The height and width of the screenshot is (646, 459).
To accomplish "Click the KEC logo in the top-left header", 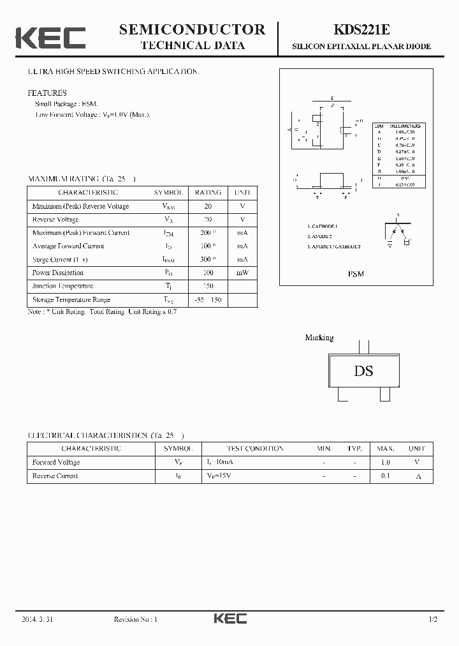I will [50, 38].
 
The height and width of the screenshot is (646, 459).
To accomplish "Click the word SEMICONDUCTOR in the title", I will [192, 29].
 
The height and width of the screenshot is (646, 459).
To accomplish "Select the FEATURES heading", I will [47, 93].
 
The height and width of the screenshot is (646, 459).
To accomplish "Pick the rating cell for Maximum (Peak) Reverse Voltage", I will [208, 206].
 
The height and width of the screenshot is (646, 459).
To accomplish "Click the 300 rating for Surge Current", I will [206, 260].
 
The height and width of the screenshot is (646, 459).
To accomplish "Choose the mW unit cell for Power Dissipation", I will [242, 273].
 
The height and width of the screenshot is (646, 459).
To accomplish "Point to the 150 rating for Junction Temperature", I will [208, 286].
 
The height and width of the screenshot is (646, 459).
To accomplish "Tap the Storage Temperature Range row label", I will [71, 299].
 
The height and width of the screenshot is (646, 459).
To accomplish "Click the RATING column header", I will [208, 193].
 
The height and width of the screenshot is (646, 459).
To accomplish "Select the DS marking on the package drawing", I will [363, 371].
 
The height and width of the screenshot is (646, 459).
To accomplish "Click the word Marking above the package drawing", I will [319, 338].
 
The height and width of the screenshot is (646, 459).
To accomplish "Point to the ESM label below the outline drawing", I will [356, 274].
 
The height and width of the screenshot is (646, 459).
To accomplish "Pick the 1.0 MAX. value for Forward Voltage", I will [385, 462].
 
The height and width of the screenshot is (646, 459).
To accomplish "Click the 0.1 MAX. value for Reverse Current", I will [385, 476].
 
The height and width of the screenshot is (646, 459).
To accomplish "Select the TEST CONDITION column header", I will [255, 449].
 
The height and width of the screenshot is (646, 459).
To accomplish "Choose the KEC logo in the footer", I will [229, 619].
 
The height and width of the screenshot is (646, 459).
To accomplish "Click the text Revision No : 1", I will [135, 619].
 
